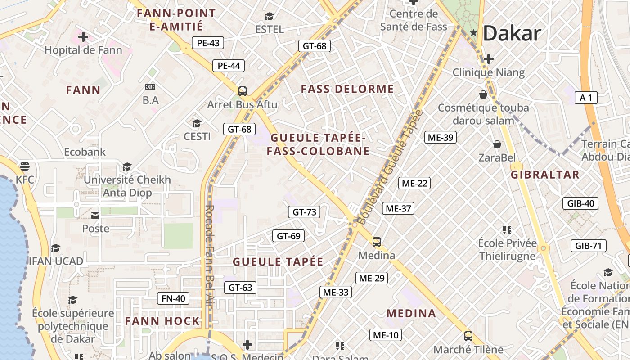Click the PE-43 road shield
click(x=208, y=43)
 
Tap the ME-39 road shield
click(x=441, y=137)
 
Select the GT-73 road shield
click(x=304, y=212)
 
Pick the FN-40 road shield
click(x=173, y=298)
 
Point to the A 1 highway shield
click(x=586, y=98)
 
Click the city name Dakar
click(x=512, y=34)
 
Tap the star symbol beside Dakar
click(x=473, y=32)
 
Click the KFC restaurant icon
click(x=24, y=166)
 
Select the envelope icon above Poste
click(x=95, y=215)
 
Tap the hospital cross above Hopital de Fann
click(x=83, y=37)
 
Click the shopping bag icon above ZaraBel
click(x=497, y=144)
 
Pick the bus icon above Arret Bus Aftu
click(x=243, y=91)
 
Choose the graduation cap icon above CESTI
click(x=197, y=123)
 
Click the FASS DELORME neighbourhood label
click(x=347, y=89)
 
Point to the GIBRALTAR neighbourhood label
click(x=545, y=175)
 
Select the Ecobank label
click(x=85, y=152)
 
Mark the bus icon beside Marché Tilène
click(x=468, y=336)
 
